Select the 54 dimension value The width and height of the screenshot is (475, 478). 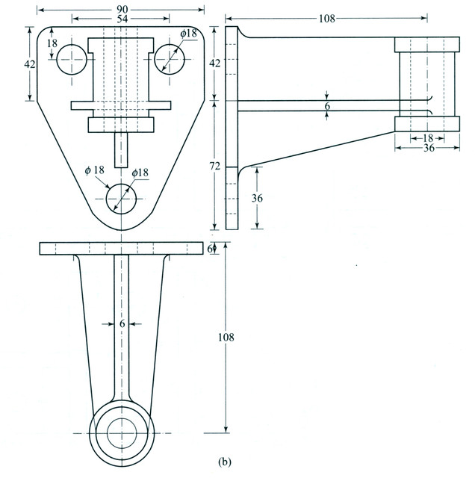[x=121, y=18]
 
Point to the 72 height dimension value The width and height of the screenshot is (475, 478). [x=216, y=166]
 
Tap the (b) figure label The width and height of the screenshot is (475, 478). [x=224, y=463]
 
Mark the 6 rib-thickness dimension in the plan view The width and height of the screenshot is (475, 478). [x=121, y=323]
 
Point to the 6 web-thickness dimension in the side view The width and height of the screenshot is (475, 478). [x=327, y=107]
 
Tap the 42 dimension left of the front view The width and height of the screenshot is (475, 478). [x=30, y=64]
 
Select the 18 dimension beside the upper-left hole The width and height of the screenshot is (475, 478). [x=52, y=44]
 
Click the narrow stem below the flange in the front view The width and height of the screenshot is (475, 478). [x=121, y=151]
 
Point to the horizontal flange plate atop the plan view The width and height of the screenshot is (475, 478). [x=121, y=248]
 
